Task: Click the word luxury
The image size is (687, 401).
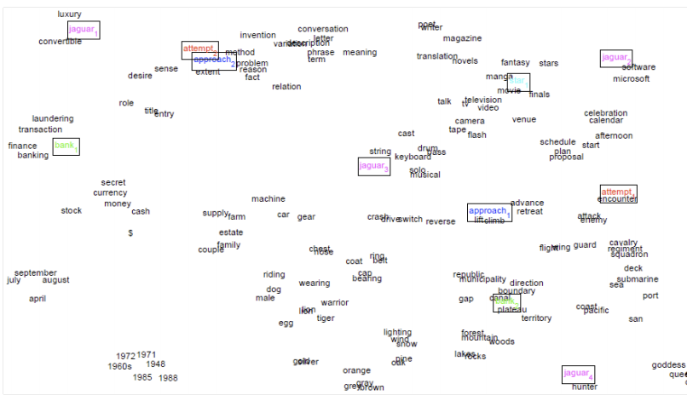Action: coord(69,14)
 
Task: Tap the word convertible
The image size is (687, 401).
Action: coord(60,42)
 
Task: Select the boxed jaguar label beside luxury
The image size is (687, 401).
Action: coord(84,31)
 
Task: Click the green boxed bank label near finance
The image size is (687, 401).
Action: coord(66,146)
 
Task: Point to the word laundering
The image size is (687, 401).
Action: coord(53,119)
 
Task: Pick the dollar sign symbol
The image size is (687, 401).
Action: coord(130,232)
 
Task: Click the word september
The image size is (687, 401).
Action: coord(35,273)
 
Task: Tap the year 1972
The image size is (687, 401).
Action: coord(125,356)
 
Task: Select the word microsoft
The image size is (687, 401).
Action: coord(631,79)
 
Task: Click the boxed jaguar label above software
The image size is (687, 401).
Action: coord(615,58)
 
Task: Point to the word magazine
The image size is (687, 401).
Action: coord(462,38)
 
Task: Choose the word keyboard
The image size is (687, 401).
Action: coord(413,157)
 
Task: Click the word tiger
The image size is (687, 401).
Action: coord(326,318)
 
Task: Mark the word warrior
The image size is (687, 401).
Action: coord(334,302)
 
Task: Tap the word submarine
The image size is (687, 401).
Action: coord(637,279)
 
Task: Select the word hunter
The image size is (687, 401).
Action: coord(585,387)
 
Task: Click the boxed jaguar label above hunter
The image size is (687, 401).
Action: coord(578,374)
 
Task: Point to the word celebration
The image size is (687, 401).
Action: coord(605,113)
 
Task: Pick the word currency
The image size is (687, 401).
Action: coord(110,193)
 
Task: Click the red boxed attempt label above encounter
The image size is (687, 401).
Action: coord(618,193)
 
